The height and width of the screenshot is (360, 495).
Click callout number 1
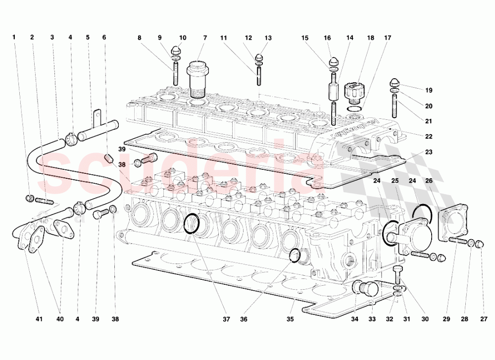[x=14, y=37]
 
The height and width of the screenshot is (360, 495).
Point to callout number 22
[x=429, y=137]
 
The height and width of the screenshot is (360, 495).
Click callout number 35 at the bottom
[x=291, y=319]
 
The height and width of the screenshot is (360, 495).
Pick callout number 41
[x=39, y=319]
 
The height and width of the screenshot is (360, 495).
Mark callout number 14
[x=350, y=38]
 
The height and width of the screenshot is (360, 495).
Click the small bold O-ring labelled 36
[x=295, y=256]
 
